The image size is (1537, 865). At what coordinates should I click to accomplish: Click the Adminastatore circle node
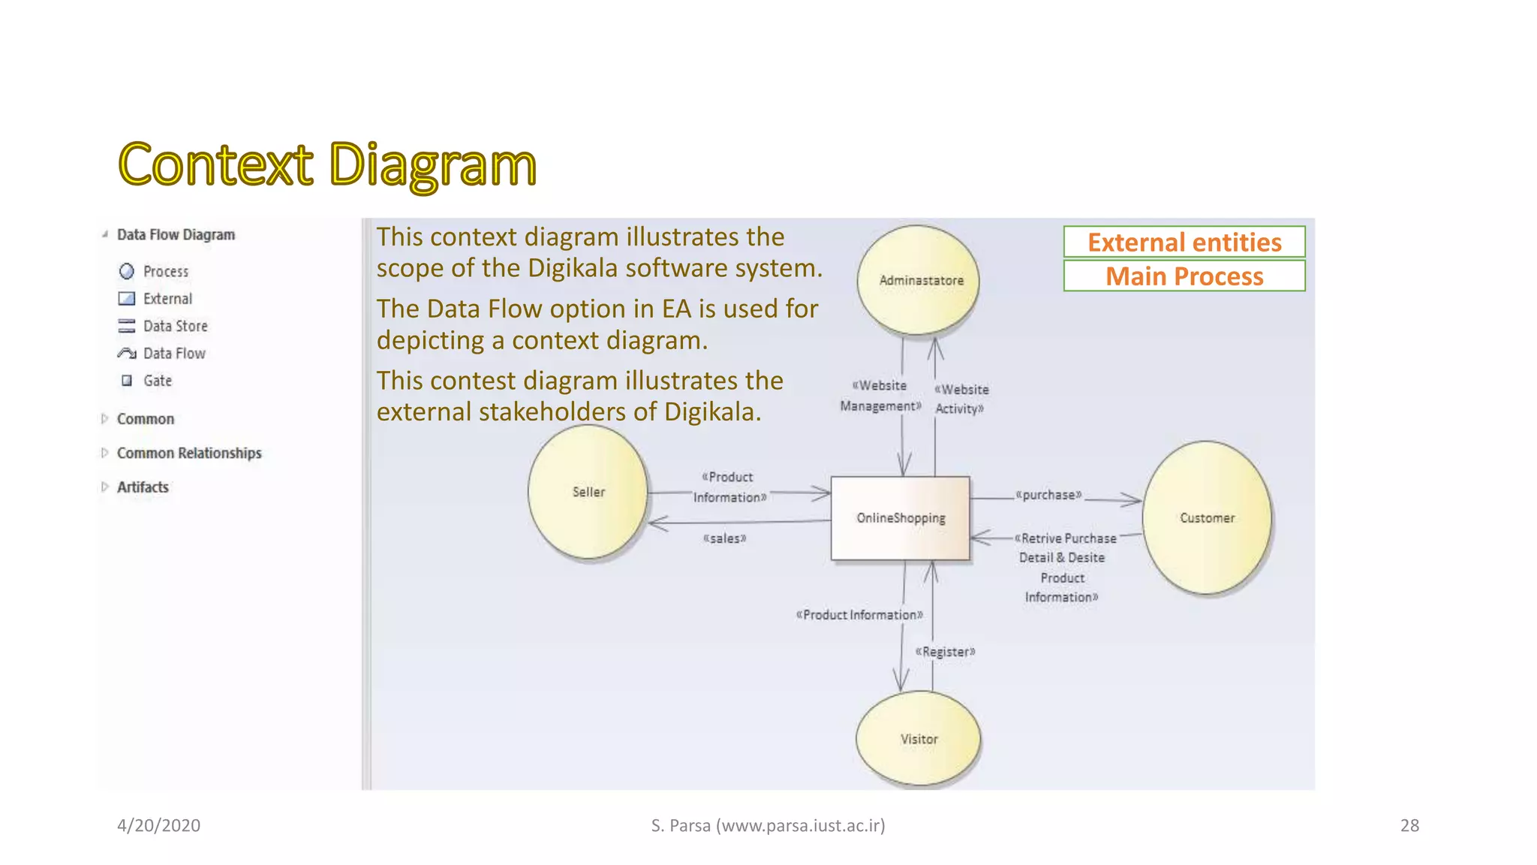[919, 280]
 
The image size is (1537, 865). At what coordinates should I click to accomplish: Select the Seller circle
[588, 492]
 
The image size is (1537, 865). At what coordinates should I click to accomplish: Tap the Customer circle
[1206, 517]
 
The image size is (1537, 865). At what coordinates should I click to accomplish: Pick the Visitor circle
[919, 739]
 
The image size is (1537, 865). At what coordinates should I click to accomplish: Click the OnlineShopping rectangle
[900, 518]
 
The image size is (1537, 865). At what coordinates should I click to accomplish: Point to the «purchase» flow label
[1048, 495]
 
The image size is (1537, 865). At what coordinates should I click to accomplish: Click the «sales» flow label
[724, 538]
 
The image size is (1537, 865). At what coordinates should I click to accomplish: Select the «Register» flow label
[945, 652]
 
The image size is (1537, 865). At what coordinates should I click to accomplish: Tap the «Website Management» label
[880, 396]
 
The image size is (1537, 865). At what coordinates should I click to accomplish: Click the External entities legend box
[1184, 243]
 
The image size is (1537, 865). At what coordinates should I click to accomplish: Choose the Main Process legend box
[1184, 276]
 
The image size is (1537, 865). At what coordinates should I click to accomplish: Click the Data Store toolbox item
[175, 326]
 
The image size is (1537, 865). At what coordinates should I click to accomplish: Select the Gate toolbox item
[158, 381]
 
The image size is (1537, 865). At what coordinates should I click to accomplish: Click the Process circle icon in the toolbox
[127, 271]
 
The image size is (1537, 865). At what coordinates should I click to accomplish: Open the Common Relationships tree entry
[189, 453]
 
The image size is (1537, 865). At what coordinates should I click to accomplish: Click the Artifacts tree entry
[143, 487]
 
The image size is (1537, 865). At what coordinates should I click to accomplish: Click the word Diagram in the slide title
[432, 165]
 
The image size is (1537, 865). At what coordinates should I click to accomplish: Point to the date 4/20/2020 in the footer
[158, 825]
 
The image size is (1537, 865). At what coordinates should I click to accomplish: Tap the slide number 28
[1409, 825]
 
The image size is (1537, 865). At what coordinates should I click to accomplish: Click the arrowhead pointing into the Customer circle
[1133, 499]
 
